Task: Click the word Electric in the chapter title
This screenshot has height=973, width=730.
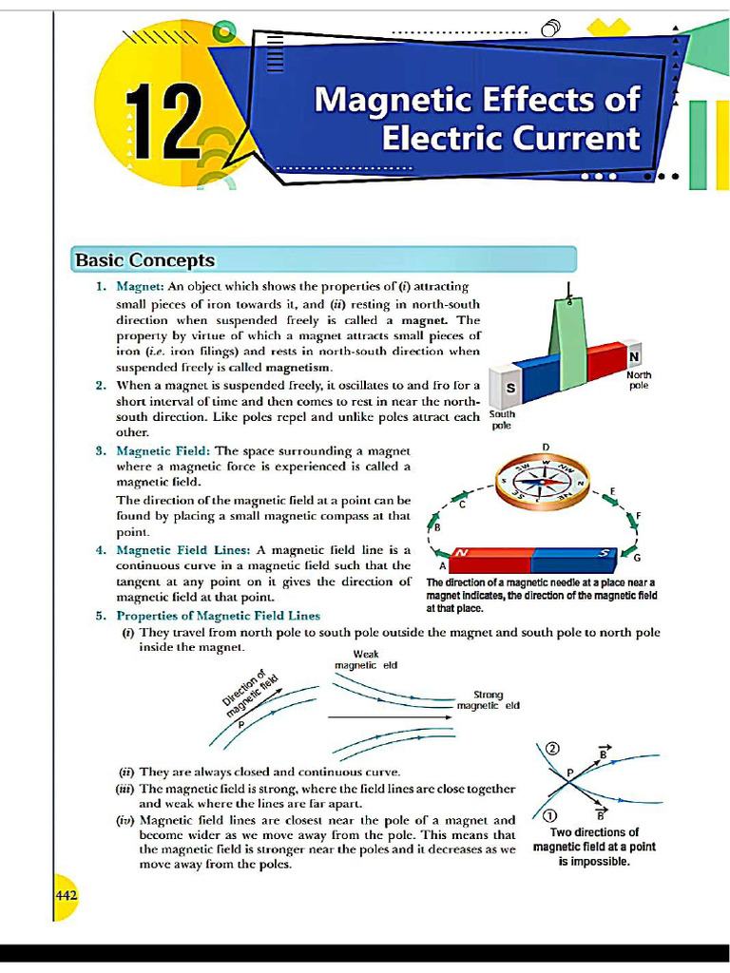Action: (434, 139)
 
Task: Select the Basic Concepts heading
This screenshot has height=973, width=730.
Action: (145, 260)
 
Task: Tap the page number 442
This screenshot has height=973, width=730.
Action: (66, 895)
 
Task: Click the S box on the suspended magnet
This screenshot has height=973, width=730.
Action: (510, 389)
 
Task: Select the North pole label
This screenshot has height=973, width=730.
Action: (639, 381)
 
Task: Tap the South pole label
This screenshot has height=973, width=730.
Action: (502, 420)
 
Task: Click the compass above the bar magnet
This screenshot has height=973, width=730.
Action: (545, 483)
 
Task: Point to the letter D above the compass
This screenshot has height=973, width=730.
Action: (546, 446)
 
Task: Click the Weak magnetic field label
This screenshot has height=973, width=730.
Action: (366, 659)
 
